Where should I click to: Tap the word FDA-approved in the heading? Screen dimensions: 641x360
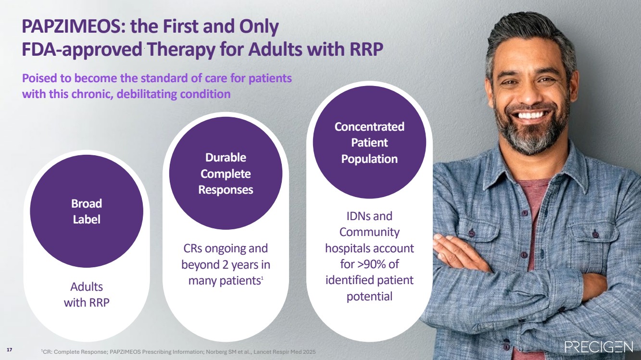pyautogui.click(x=82, y=50)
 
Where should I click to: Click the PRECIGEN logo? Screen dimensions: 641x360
pyautogui.click(x=599, y=347)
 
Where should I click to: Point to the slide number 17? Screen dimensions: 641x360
pyautogui.click(x=10, y=350)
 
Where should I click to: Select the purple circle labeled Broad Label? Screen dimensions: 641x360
pyautogui.click(x=87, y=211)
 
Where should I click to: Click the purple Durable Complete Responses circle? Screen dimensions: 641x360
pyautogui.click(x=226, y=174)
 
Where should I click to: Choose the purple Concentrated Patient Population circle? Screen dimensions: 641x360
pyautogui.click(x=369, y=142)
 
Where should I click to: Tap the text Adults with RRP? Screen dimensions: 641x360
pyautogui.click(x=87, y=295)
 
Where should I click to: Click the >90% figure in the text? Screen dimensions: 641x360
pyautogui.click(x=371, y=264)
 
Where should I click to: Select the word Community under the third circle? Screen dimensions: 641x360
pyautogui.click(x=369, y=232)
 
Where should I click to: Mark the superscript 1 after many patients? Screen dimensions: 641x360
pyautogui.click(x=262, y=278)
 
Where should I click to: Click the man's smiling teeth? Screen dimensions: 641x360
pyautogui.click(x=531, y=115)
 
